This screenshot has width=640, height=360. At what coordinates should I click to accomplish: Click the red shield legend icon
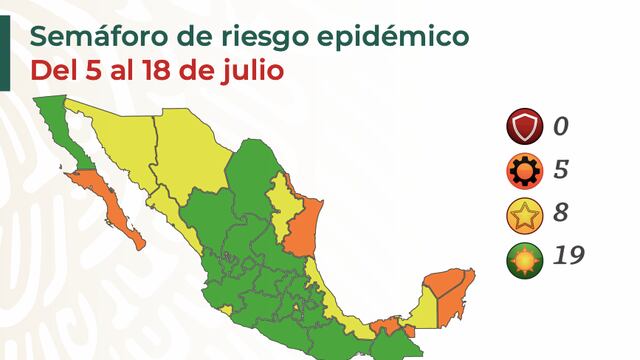(x=523, y=127)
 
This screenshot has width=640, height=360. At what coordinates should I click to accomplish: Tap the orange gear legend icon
(x=523, y=170)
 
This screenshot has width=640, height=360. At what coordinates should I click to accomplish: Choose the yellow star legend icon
(x=523, y=212)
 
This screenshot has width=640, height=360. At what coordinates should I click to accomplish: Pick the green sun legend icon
(x=523, y=255)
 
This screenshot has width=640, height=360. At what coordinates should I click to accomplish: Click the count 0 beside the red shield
(x=561, y=127)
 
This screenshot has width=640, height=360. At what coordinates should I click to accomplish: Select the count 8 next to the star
(x=561, y=212)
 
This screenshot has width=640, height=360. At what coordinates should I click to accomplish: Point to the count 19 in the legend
(x=567, y=255)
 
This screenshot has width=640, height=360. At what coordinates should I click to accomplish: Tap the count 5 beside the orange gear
(x=561, y=170)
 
